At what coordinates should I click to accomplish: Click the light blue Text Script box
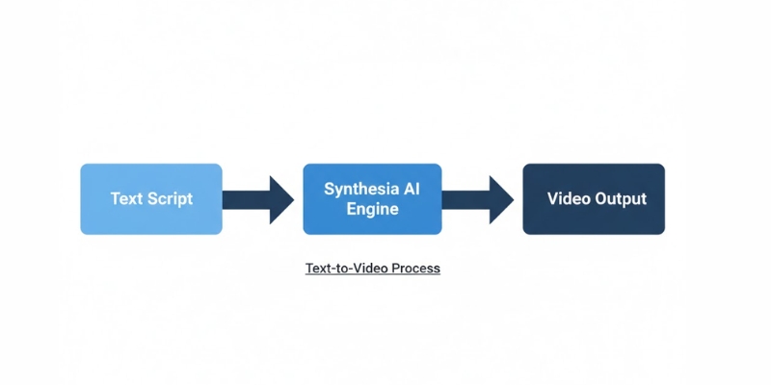(x=151, y=199)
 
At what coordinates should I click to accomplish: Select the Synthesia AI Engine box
(x=372, y=199)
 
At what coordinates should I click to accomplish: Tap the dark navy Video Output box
(x=594, y=199)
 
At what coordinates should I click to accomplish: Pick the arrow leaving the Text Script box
(x=256, y=199)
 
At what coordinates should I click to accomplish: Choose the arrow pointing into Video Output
(x=477, y=199)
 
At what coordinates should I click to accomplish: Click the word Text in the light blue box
(x=126, y=199)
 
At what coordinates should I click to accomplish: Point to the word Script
(x=170, y=199)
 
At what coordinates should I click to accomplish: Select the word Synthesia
(x=359, y=189)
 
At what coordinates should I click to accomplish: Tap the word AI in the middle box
(x=411, y=189)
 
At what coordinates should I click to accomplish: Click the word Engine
(x=372, y=209)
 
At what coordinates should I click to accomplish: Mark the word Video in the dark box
(x=569, y=199)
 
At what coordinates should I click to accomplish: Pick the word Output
(x=621, y=199)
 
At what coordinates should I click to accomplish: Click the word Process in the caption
(x=415, y=269)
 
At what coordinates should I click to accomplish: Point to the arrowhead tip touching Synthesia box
(x=293, y=199)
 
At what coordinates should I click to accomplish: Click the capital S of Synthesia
(x=329, y=189)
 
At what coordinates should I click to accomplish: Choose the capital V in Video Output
(x=553, y=199)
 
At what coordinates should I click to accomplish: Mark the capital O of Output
(x=600, y=199)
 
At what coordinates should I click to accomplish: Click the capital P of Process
(x=395, y=269)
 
